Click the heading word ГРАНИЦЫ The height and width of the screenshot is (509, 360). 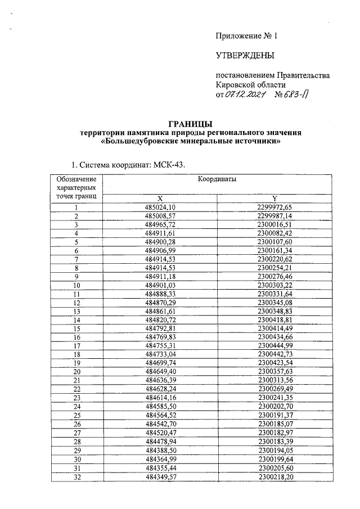[191, 124]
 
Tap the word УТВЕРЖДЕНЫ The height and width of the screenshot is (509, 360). [245, 55]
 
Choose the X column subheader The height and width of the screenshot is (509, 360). [160, 199]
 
